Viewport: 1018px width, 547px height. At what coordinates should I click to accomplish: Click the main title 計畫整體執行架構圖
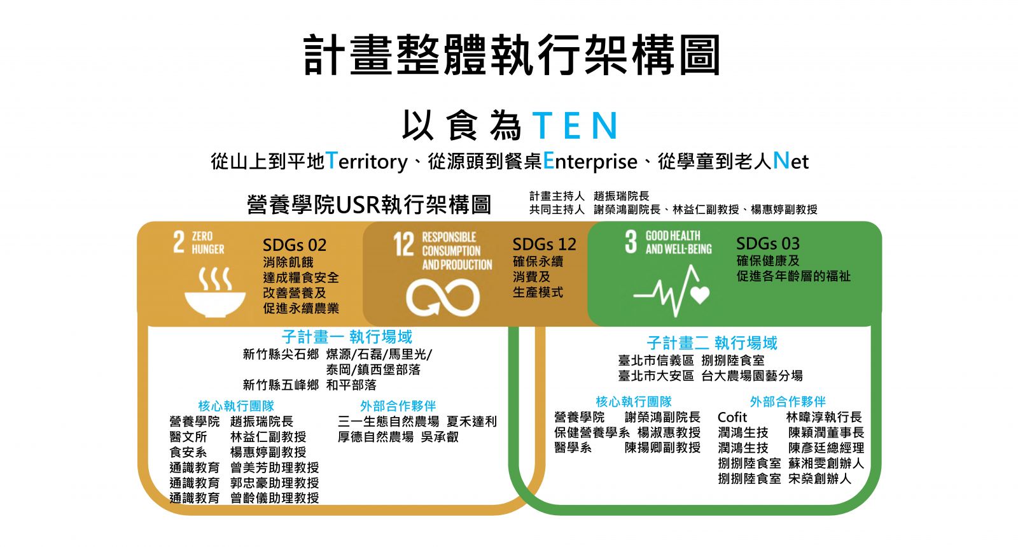click(x=512, y=56)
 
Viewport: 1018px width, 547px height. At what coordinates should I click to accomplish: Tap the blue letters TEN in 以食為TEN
click(x=575, y=125)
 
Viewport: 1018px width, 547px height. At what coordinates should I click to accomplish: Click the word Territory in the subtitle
click(x=366, y=161)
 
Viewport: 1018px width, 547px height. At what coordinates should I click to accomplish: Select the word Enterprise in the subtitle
click(x=590, y=161)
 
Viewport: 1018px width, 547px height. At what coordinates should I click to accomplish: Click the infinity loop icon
click(x=443, y=297)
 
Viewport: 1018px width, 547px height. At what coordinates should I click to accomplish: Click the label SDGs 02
click(x=294, y=245)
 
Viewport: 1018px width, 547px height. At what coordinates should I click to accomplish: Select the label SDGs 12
click(x=544, y=245)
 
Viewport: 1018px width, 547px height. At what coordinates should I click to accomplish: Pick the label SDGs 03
click(x=767, y=244)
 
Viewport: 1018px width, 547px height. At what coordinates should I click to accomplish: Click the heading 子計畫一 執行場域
click(x=347, y=337)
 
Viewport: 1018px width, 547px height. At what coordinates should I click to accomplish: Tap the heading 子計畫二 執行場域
click(x=712, y=343)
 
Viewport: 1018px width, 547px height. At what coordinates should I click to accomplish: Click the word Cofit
click(x=732, y=417)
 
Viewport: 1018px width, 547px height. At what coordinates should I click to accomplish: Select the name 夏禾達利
click(x=471, y=422)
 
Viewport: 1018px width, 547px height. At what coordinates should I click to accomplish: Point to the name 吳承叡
click(x=440, y=437)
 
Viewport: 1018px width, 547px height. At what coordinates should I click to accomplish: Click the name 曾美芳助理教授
click(x=274, y=467)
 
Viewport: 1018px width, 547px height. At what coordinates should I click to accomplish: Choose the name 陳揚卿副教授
click(x=662, y=448)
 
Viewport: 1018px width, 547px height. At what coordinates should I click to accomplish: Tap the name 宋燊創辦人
click(x=819, y=478)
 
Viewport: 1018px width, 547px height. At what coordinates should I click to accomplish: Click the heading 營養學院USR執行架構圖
click(x=369, y=205)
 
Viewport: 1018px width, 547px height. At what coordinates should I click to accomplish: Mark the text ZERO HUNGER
click(x=207, y=243)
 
